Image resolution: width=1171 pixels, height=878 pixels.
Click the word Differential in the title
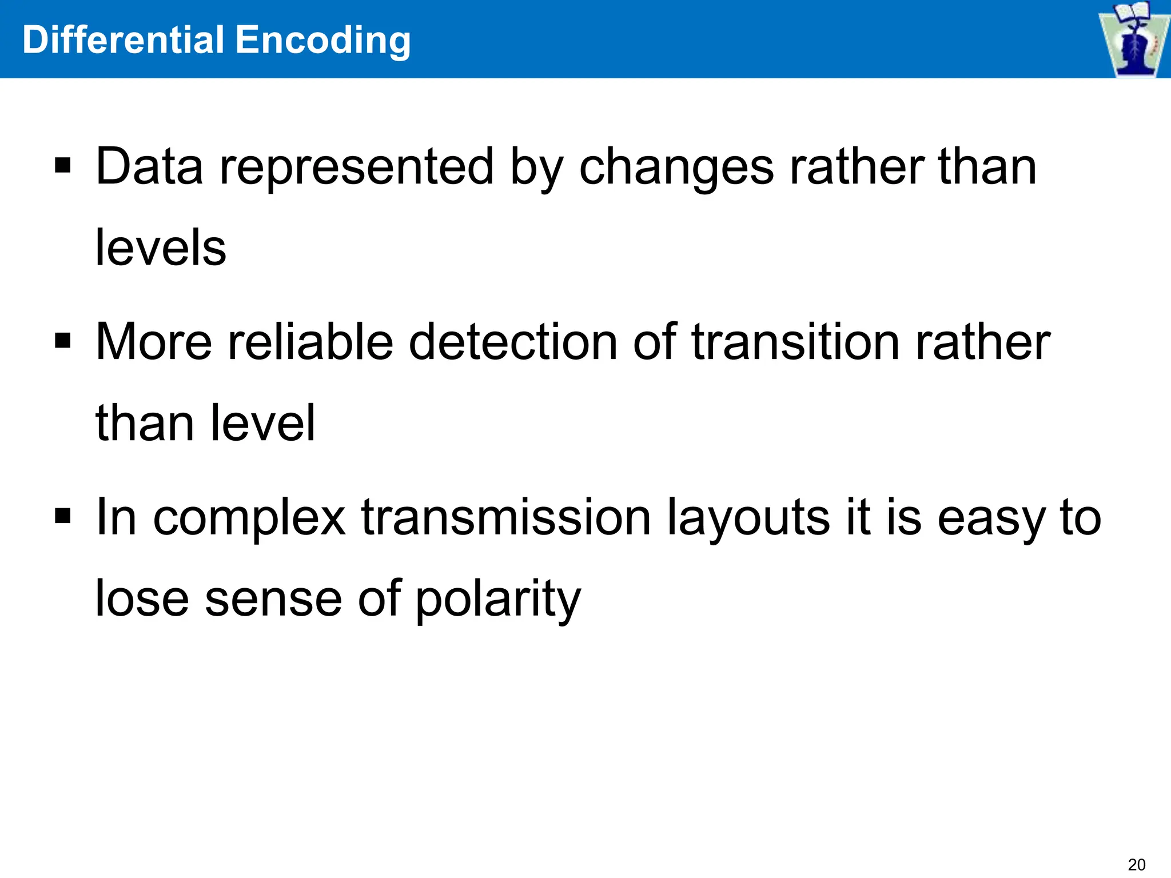123,40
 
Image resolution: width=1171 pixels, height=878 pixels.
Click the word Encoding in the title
323,41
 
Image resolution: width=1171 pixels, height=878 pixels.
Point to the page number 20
1137,864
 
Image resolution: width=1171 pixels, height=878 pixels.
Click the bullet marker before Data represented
63,166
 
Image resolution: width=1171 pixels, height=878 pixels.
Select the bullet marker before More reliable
63,341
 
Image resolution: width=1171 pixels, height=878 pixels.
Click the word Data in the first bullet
149,166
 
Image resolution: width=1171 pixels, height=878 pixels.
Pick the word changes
676,167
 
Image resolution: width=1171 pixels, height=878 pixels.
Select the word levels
161,248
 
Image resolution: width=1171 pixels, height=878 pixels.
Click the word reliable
310,341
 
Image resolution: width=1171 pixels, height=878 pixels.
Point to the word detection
513,341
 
